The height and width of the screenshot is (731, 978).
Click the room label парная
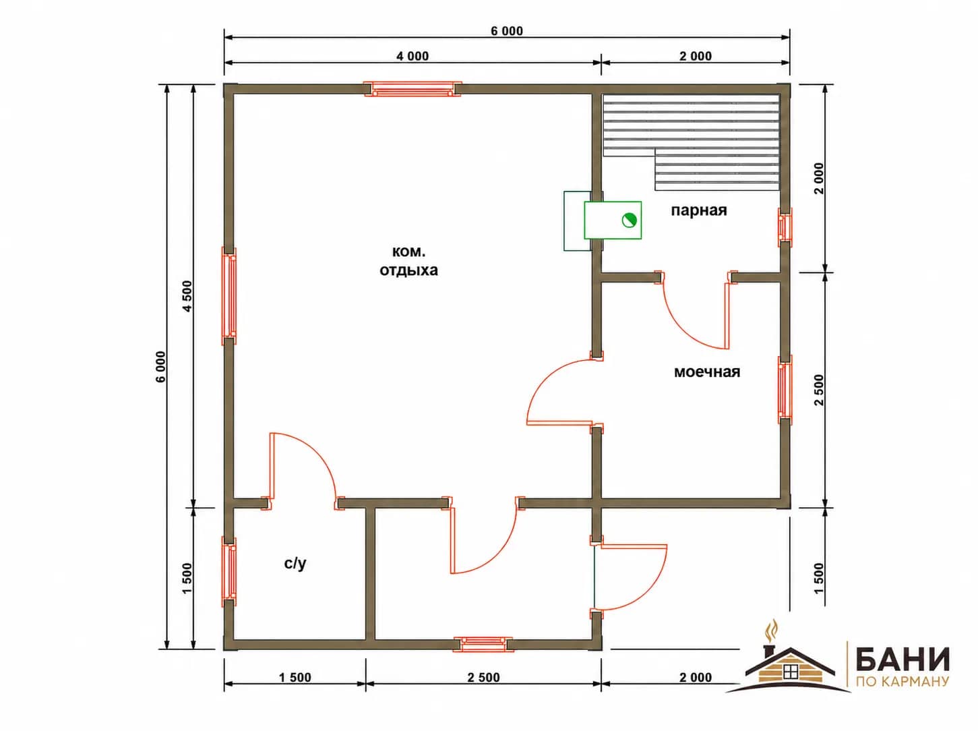click(x=698, y=210)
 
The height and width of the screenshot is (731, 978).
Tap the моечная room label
click(x=706, y=372)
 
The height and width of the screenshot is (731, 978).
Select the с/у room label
click(x=295, y=563)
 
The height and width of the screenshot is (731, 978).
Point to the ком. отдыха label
click(x=408, y=261)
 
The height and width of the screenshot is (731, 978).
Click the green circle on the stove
click(x=629, y=221)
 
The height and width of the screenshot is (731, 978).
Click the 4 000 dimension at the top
click(x=412, y=56)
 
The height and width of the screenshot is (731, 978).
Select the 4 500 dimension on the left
click(x=187, y=296)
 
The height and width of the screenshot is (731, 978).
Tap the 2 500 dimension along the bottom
click(x=483, y=678)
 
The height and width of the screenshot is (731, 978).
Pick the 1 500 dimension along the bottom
click(x=295, y=678)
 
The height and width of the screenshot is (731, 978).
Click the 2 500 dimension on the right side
click(x=819, y=390)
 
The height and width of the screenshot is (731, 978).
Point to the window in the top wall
click(x=412, y=89)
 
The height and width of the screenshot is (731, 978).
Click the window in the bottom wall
click(x=483, y=645)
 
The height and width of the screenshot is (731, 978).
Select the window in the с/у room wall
click(x=229, y=571)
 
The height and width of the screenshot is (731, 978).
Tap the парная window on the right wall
click(x=785, y=227)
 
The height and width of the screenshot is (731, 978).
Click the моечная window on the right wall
click(x=785, y=389)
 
